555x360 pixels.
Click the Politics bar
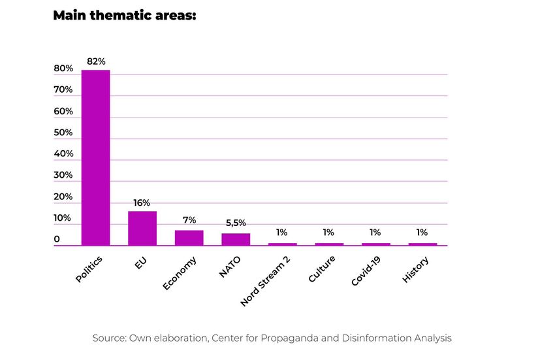point(95,157)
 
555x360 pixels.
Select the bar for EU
point(142,228)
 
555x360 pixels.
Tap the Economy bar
point(189,238)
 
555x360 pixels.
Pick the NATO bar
point(236,239)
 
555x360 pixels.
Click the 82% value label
point(96,61)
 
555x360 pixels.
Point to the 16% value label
point(142,203)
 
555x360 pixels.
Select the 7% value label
point(189,221)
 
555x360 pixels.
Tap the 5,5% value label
point(236,223)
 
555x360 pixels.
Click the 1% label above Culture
point(328,233)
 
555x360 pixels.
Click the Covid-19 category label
point(366,271)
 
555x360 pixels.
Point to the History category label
point(416,270)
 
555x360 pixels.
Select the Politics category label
point(89,269)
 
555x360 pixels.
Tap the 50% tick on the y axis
point(63,133)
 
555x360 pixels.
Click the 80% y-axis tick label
point(63,69)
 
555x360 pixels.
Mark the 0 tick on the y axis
point(57,240)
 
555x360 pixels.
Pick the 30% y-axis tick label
point(63,175)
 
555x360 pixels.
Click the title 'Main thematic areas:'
point(125,15)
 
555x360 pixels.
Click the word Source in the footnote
point(108,338)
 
